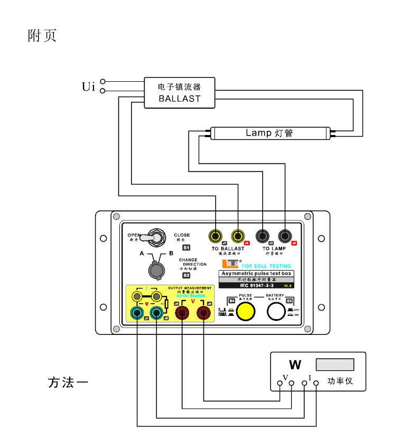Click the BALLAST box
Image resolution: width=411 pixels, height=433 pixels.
point(180,92)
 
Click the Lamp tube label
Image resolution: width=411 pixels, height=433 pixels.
point(269,133)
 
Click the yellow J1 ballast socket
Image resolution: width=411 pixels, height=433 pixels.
point(216,235)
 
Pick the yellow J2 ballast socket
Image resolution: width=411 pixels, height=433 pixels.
point(238,235)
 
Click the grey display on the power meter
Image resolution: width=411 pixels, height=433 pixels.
point(334,364)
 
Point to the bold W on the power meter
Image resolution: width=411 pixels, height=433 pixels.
point(295,364)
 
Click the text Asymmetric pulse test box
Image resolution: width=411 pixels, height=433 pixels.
point(256,274)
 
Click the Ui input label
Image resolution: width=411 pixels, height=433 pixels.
point(88,86)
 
